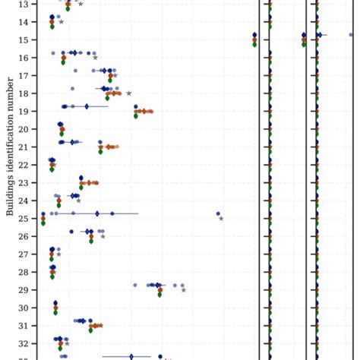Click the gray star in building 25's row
coord(221,219)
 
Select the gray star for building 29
coord(183,290)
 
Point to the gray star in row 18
coord(129,93)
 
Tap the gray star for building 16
coord(95,58)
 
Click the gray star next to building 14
coord(61,22)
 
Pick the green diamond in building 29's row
coord(159,294)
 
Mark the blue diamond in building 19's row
coord(87,106)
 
